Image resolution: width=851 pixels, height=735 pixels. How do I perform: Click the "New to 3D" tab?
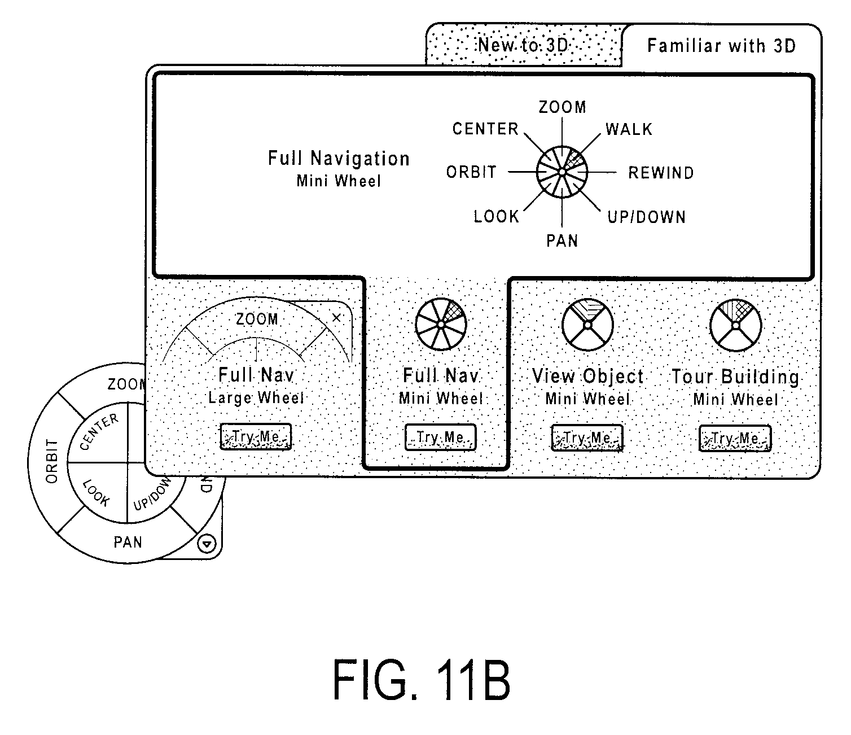524,45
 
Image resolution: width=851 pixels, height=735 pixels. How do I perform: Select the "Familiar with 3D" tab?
721,45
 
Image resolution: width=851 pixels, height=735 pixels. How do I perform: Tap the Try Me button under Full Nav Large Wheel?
256,436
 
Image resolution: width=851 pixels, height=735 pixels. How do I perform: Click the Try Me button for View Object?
587,438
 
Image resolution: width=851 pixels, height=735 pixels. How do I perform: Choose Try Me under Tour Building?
735,438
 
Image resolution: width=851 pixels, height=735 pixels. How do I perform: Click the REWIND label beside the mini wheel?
661,173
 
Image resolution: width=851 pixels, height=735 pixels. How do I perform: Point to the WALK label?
629,129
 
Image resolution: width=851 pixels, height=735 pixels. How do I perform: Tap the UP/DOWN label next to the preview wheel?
646,217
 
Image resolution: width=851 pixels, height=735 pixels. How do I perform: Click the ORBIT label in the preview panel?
471,172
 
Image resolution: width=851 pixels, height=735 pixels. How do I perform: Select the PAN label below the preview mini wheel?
562,241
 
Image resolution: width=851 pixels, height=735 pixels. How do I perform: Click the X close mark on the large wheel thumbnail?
336,318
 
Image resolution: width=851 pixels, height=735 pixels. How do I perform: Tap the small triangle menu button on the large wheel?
207,544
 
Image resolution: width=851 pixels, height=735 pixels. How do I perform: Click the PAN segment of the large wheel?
128,542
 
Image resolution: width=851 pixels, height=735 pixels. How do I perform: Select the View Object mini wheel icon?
587,325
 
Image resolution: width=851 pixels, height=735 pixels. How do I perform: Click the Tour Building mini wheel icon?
735,325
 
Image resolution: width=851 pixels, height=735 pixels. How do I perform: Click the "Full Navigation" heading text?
339,159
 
